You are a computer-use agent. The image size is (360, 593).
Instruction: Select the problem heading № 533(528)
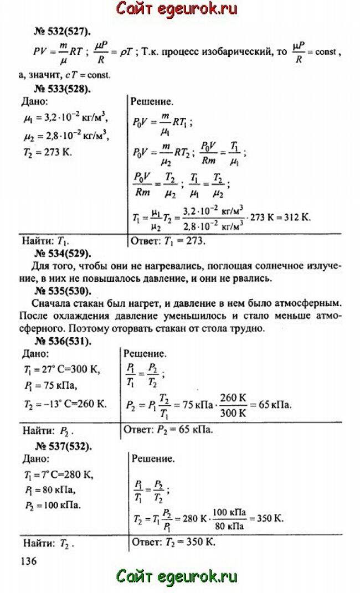click(x=61, y=87)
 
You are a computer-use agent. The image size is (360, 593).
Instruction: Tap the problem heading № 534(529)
click(x=61, y=254)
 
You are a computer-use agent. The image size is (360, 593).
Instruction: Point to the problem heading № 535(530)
click(x=61, y=291)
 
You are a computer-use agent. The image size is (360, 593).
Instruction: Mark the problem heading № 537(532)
click(x=61, y=447)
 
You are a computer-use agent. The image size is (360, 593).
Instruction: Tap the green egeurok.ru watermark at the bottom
click(x=179, y=576)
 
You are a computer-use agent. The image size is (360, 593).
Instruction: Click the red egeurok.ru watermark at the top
click(x=179, y=9)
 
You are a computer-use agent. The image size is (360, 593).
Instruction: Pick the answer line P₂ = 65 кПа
click(x=168, y=430)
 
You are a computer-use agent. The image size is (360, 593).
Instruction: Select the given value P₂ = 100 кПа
click(x=53, y=505)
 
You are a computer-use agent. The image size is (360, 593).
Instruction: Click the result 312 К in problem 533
click(x=296, y=217)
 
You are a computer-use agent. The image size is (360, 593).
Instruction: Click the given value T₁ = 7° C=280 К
click(x=58, y=475)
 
